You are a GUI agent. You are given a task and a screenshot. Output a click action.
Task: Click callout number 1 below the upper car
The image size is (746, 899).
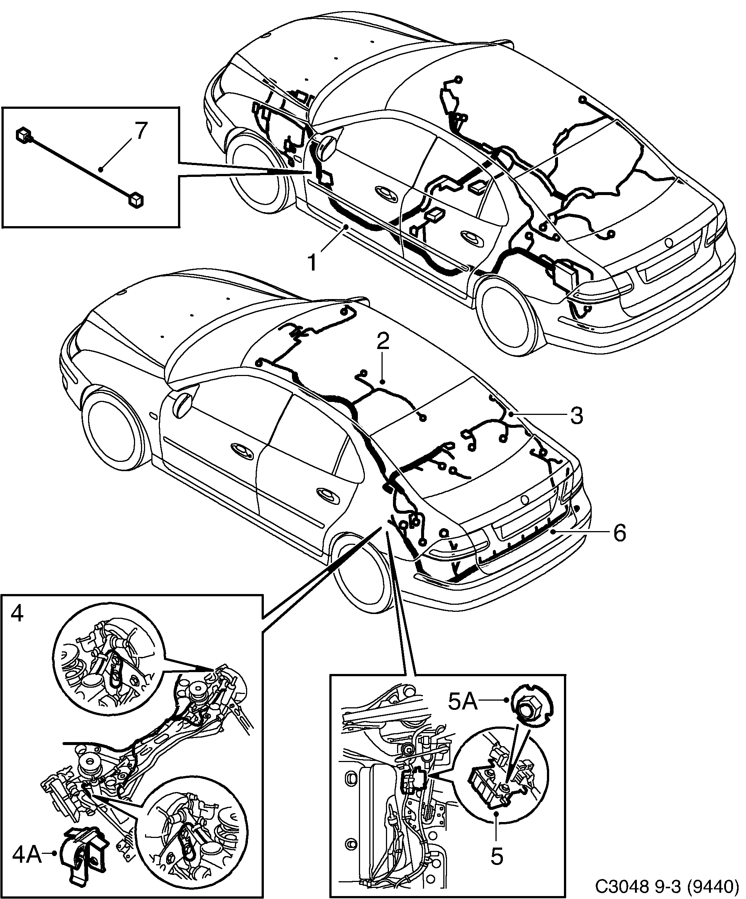pos(313,262)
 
